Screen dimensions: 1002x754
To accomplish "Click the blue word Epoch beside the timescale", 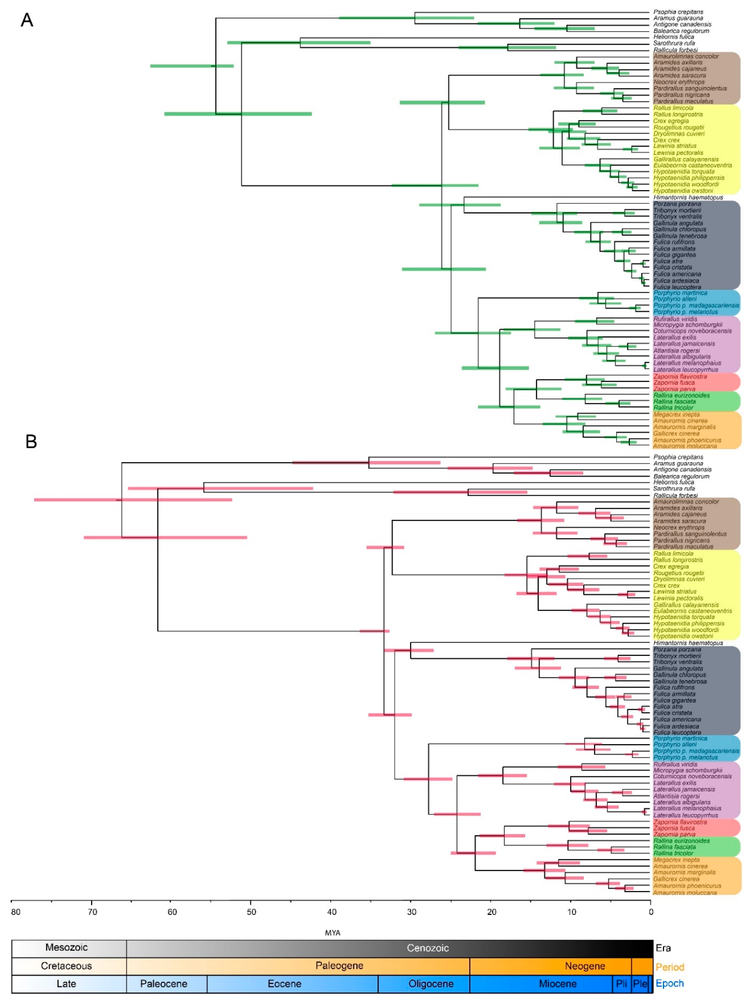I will (670, 983).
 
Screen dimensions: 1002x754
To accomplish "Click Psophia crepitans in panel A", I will (678, 12).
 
